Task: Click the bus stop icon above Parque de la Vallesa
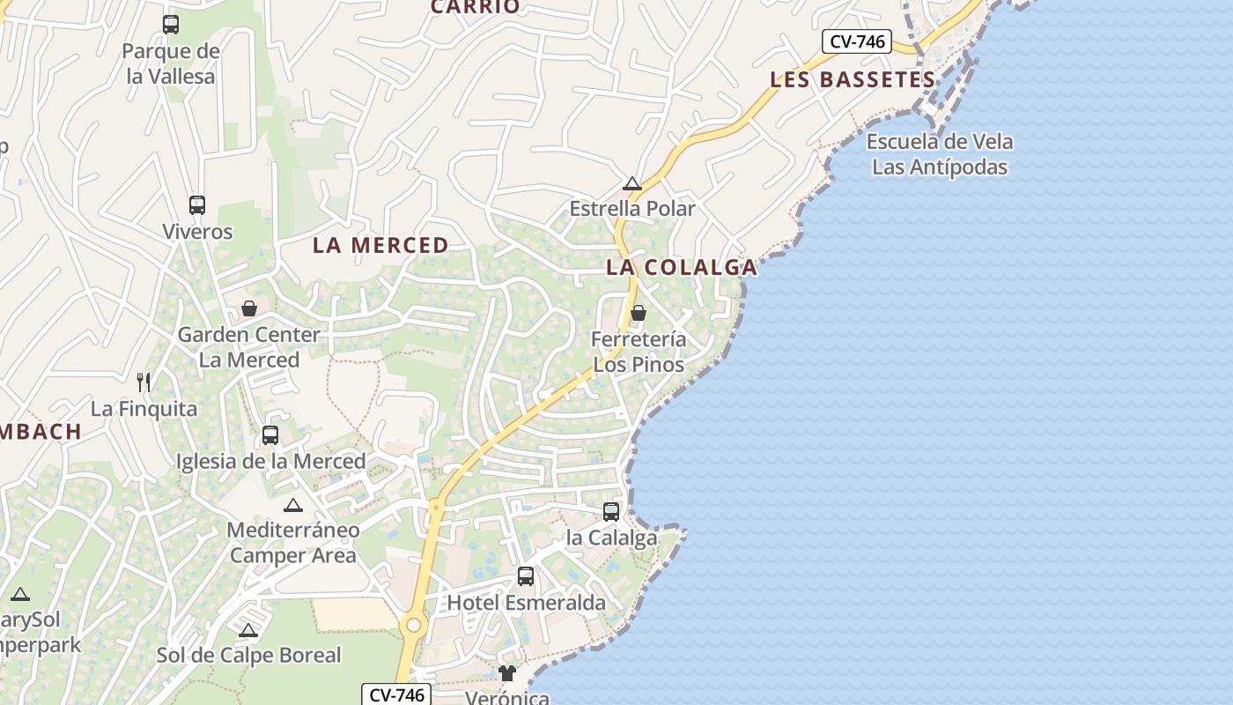(171, 25)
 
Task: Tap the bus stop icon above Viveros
(197, 205)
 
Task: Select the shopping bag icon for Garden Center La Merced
(249, 308)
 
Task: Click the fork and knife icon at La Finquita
(144, 382)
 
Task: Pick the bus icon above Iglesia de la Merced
(270, 435)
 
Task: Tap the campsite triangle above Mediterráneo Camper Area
(292, 505)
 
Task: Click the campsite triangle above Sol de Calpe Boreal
(248, 630)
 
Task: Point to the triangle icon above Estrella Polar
(631, 183)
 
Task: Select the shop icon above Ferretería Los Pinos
(639, 313)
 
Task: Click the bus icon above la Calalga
(611, 511)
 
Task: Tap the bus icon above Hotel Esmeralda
(526, 576)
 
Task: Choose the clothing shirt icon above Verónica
(506, 674)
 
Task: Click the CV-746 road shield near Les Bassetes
(857, 41)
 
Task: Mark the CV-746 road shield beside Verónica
(396, 694)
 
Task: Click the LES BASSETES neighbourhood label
(852, 79)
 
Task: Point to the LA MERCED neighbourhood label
(380, 246)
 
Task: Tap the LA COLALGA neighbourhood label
(681, 267)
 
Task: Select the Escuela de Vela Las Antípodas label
(940, 154)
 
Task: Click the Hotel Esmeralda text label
(527, 603)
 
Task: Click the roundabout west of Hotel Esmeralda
(411, 625)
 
